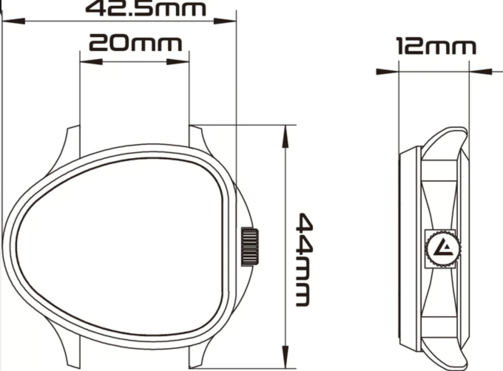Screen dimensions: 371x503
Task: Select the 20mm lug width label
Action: [x=135, y=43]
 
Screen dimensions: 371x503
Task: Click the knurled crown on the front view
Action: [x=249, y=246]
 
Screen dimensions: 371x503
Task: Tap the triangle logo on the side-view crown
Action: [x=444, y=247]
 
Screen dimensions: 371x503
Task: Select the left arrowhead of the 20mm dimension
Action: [x=85, y=62]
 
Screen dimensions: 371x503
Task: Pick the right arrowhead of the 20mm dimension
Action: [x=183, y=62]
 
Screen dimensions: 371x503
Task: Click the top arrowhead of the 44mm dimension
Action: [x=286, y=131]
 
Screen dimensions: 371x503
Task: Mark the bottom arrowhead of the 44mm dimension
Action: [x=286, y=359]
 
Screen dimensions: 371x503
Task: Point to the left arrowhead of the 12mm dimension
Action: [x=383, y=72]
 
